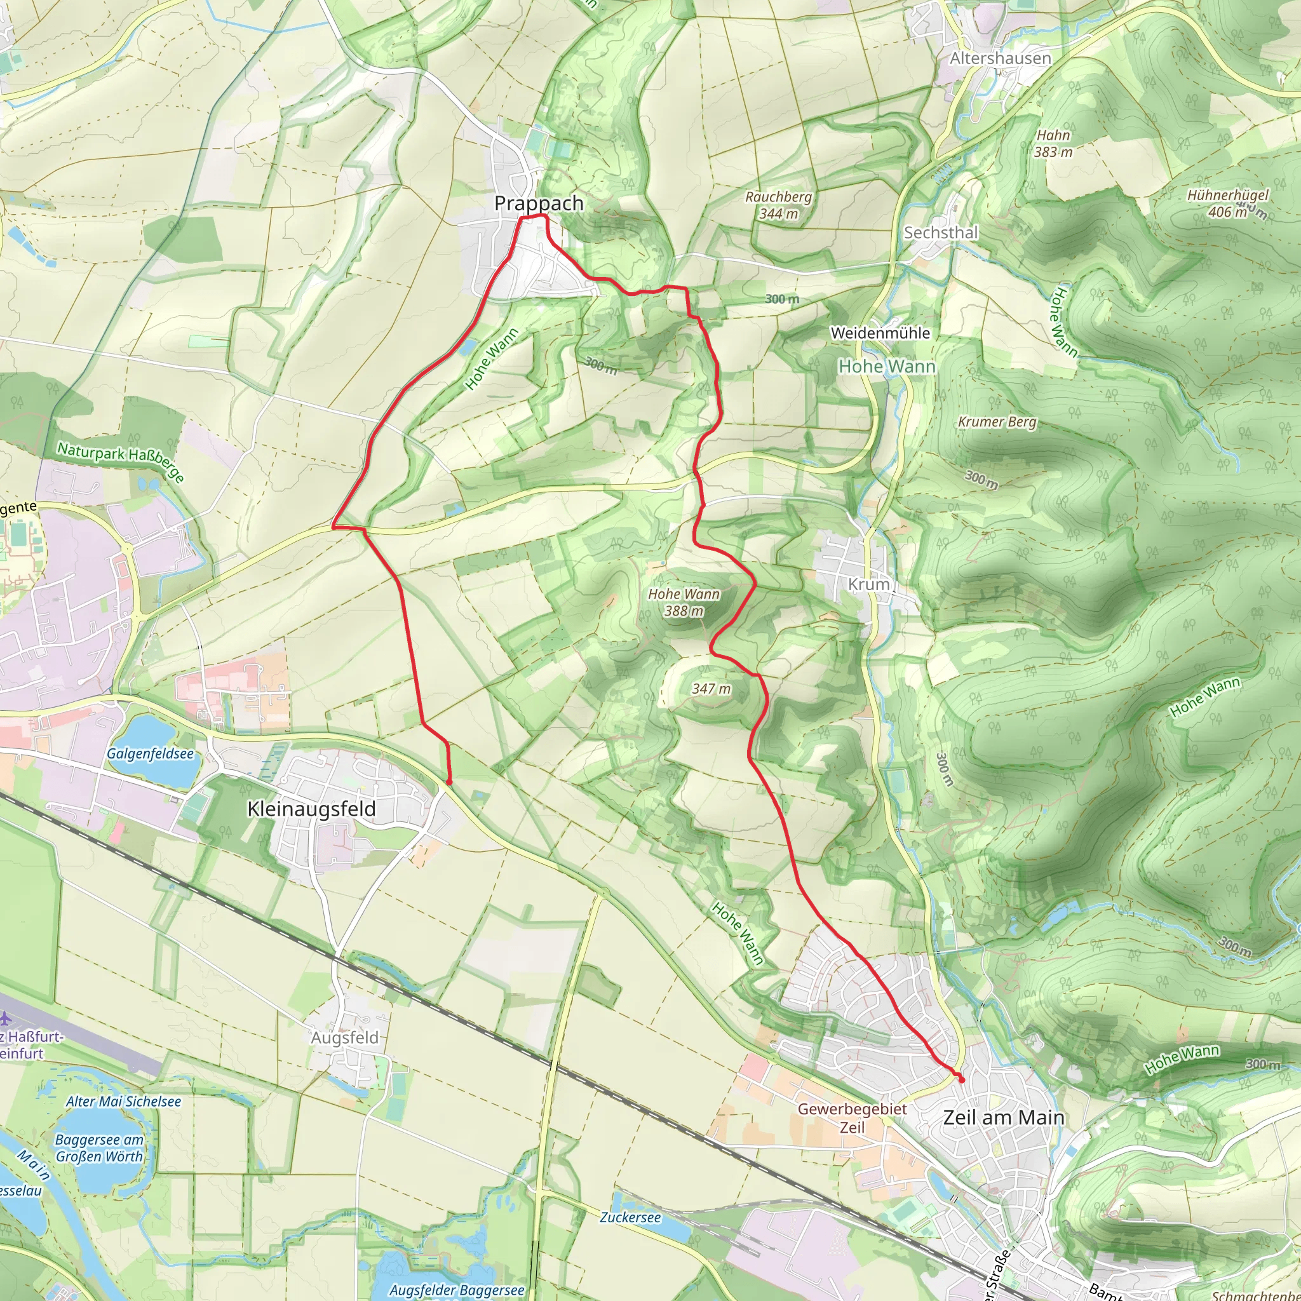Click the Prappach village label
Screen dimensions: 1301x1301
[539, 203]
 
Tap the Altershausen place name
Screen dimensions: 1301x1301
[1000, 58]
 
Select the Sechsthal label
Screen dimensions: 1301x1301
[941, 233]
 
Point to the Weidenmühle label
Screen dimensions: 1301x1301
[880, 334]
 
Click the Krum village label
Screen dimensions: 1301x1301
[868, 584]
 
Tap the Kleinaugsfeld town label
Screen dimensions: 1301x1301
[311, 809]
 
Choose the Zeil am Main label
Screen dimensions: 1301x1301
[1003, 1118]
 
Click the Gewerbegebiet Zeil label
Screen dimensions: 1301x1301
[852, 1118]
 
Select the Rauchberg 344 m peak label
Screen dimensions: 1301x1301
[778, 205]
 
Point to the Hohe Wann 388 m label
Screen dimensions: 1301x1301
[684, 603]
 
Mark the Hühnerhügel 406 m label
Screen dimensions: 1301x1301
[1227, 203]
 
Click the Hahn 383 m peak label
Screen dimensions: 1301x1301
[1053, 144]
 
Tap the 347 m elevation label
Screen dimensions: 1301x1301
[711, 689]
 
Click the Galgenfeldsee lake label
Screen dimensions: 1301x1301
[150, 754]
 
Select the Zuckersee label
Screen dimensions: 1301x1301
[630, 1218]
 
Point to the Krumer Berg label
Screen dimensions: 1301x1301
[997, 422]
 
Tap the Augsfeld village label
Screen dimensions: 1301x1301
[345, 1038]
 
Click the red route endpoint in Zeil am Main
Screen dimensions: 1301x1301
[961, 1080]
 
